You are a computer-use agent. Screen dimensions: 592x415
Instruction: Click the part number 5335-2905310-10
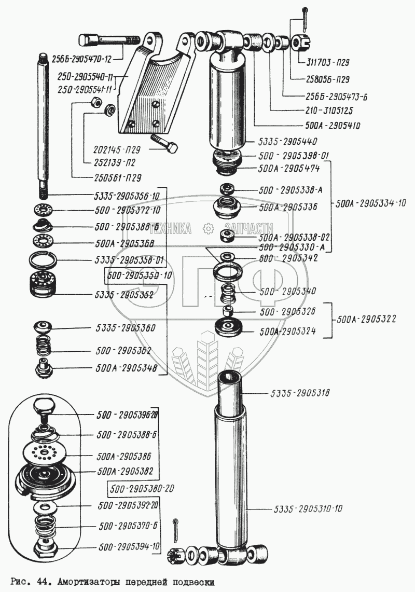click(308, 508)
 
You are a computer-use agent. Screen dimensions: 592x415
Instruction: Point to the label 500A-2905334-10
click(370, 203)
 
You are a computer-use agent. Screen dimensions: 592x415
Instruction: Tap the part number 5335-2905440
click(288, 141)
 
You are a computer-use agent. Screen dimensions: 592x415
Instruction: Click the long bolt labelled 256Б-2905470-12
click(109, 40)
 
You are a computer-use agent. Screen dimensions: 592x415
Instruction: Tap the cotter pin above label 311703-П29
click(305, 19)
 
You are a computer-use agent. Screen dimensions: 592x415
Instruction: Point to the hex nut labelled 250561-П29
click(95, 102)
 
